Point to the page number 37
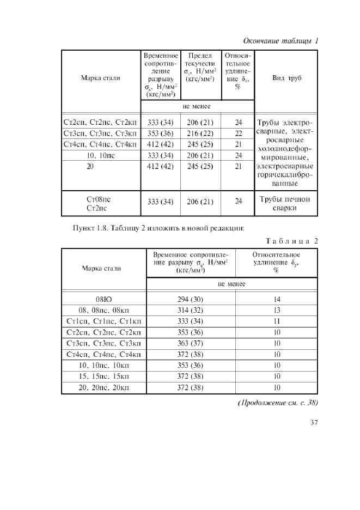pyautogui.click(x=314, y=422)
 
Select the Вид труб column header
pyautogui.click(x=286, y=78)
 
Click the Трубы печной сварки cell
pyautogui.click(x=283, y=203)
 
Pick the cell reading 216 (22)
pyautogui.click(x=200, y=133)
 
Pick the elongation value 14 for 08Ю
pyautogui.click(x=277, y=299)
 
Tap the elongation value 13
pyautogui.click(x=277, y=310)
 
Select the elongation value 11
pyautogui.click(x=277, y=321)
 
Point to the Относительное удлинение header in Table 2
pyautogui.click(x=277, y=262)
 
